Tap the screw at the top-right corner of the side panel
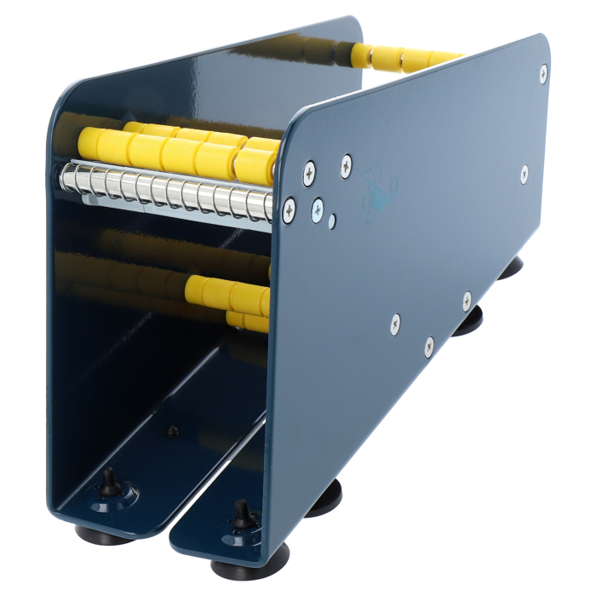[542, 73]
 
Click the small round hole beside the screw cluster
[332, 221]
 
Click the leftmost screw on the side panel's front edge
[289, 206]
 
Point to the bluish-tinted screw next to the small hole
[317, 207]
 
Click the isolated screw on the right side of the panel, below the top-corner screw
[524, 174]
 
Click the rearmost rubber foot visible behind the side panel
[510, 268]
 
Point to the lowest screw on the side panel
[428, 346]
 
